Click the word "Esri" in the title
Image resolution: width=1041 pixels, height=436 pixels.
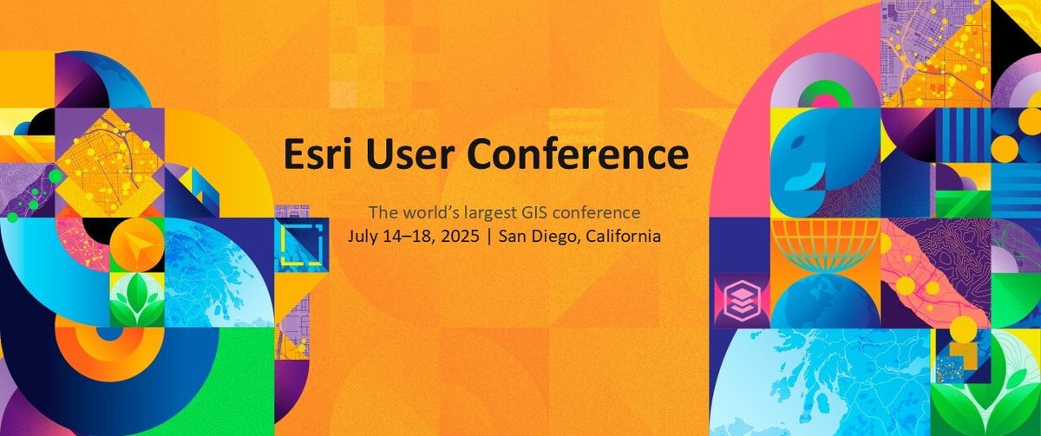coord(318,154)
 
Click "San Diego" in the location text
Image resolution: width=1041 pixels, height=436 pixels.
coord(537,235)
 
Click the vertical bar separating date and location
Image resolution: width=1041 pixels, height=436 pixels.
coord(490,235)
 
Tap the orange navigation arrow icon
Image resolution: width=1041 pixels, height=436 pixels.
coord(136,243)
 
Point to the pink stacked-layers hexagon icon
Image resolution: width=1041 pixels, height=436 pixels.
coord(739,300)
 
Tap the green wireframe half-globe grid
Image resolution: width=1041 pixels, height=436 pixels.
coord(825,244)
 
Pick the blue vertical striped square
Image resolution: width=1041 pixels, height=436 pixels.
coord(962,134)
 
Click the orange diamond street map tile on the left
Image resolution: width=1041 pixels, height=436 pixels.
coord(108,161)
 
